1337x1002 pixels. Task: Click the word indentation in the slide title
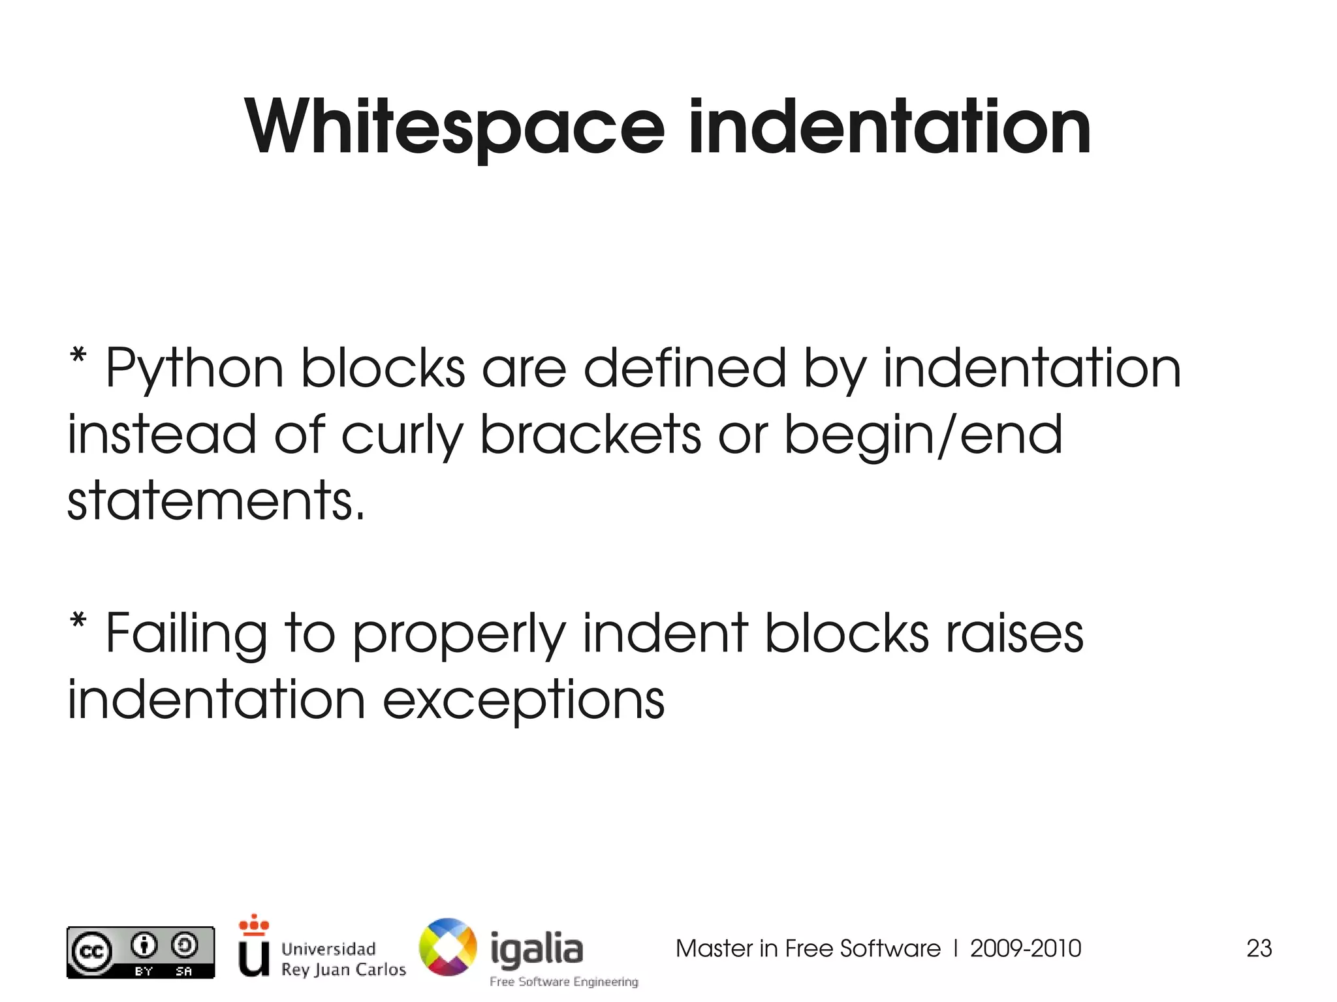[x=889, y=127]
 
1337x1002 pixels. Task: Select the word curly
[x=401, y=436]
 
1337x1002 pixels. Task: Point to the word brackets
[x=591, y=435]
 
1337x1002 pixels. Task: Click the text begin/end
[x=923, y=436]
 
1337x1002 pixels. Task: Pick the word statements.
[x=215, y=501]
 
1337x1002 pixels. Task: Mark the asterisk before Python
[x=78, y=357]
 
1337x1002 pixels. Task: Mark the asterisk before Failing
[x=78, y=621]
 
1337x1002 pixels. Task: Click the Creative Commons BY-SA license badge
[x=140, y=952]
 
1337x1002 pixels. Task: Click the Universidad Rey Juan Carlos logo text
[x=343, y=959]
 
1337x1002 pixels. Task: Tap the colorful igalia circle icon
[x=448, y=947]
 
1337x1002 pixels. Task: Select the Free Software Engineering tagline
[x=564, y=982]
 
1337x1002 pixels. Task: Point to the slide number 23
[x=1259, y=948]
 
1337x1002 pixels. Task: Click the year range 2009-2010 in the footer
[x=1025, y=948]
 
